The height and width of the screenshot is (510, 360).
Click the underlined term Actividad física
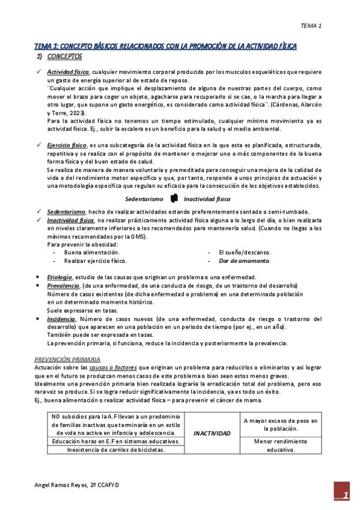pyautogui.click(x=68, y=72)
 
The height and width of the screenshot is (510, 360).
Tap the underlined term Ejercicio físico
pyautogui.click(x=66, y=146)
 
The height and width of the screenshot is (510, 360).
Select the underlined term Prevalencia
pyautogui.click(x=63, y=285)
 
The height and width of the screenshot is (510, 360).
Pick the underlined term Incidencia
pyautogui.click(x=61, y=319)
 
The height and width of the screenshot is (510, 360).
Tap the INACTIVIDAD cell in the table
pyautogui.click(x=211, y=433)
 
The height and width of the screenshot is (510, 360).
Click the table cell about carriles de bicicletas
pyautogui.click(x=116, y=449)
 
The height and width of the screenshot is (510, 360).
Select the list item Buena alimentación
pyautogui.click(x=92, y=253)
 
